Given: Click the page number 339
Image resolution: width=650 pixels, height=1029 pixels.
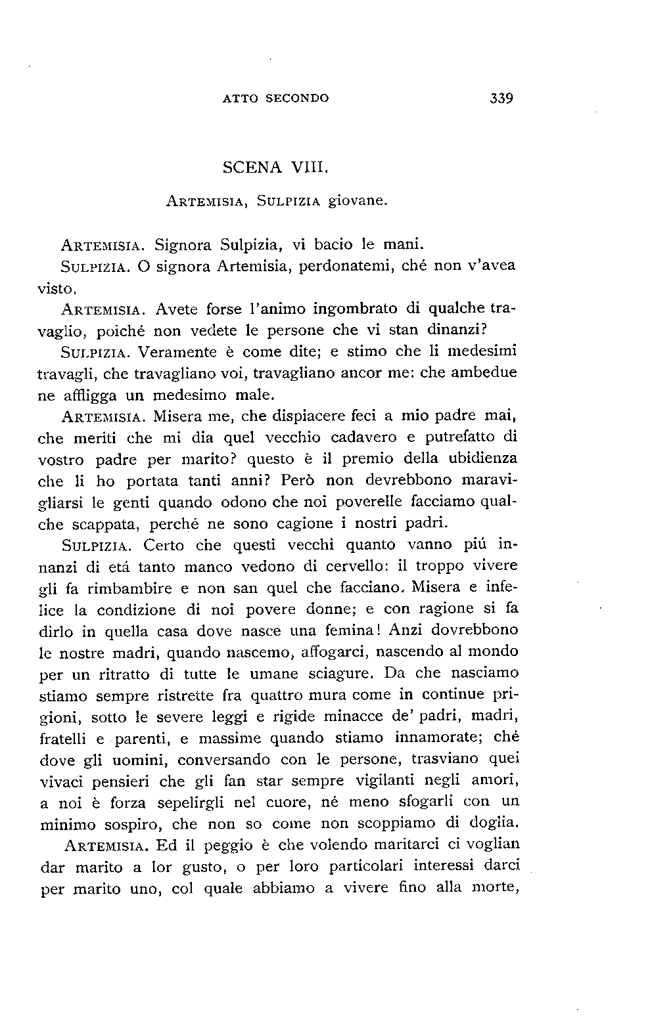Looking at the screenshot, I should [501, 99].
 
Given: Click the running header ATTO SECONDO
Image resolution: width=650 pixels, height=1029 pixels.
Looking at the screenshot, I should [276, 99].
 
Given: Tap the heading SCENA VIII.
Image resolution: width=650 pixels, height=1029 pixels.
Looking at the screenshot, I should [275, 167].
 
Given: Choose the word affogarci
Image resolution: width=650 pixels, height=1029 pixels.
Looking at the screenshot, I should [320, 652].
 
